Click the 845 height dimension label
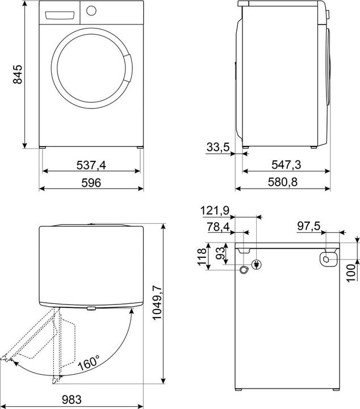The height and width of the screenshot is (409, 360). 18,74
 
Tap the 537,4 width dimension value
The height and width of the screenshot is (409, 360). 91,165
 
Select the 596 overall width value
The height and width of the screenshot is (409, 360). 91,182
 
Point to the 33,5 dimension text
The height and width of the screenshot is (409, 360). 218,147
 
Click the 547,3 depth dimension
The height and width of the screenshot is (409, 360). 286,165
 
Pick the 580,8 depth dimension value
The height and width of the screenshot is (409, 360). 283,182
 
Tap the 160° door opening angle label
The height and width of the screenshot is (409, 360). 89,362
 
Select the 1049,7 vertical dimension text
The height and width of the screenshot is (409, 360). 157,303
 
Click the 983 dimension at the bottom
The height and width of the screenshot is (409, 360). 72,399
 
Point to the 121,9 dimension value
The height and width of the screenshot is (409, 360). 215,211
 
